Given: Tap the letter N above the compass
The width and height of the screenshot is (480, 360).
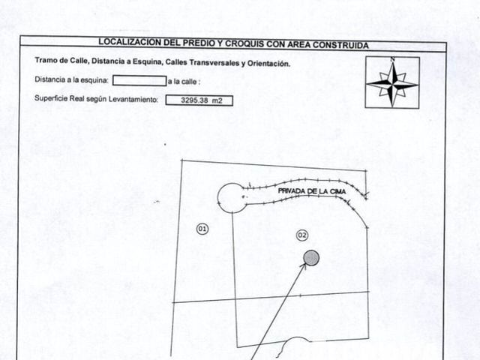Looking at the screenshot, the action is click(392, 59).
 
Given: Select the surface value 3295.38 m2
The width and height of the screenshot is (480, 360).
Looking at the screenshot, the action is click(202, 100).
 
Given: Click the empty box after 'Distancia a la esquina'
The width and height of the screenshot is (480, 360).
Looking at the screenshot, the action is click(139, 81).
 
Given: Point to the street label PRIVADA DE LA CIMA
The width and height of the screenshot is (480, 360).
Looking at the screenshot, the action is click(312, 191).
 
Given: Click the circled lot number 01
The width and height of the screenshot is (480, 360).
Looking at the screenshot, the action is click(202, 229).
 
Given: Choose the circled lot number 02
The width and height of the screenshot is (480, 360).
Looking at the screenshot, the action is click(302, 235).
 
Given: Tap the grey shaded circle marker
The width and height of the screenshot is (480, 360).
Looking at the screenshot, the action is click(311, 258).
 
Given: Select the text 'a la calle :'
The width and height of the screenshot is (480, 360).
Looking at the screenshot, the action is click(184, 82).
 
